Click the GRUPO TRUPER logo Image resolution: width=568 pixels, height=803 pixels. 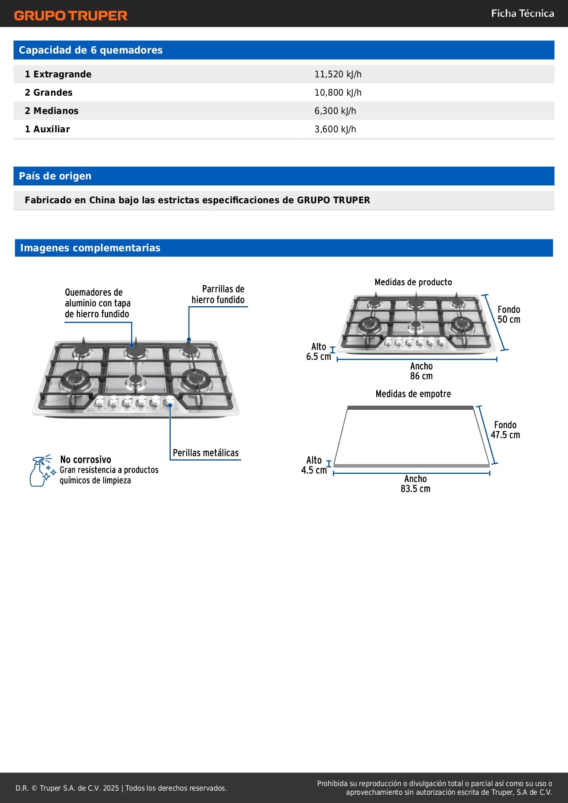click(x=71, y=16)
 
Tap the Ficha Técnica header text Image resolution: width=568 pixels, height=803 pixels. click(x=522, y=14)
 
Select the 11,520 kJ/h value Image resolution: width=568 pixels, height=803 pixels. click(x=338, y=74)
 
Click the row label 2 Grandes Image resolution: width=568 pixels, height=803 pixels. click(x=49, y=92)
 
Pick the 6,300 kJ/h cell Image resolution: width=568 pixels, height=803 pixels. click(x=335, y=111)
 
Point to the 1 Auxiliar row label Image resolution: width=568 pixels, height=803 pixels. click(x=47, y=129)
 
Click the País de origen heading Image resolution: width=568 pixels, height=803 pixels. click(x=55, y=176)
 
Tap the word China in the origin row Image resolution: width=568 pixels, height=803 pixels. click(x=102, y=200)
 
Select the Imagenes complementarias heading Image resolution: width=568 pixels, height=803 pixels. click(x=90, y=248)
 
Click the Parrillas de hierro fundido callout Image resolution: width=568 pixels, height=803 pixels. click(x=218, y=294)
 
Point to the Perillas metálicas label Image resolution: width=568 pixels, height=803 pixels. click(x=206, y=453)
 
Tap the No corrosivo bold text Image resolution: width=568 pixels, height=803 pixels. click(x=86, y=459)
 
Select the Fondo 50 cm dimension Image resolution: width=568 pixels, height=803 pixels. click(x=508, y=315)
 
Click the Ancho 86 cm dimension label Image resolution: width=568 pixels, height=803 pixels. click(x=421, y=371)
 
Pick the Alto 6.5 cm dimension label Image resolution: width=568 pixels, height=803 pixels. click(x=319, y=352)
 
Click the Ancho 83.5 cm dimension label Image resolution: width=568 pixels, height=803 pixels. click(x=415, y=483)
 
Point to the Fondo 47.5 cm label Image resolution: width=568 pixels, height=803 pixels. click(x=505, y=430)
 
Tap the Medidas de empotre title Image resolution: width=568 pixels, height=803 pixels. click(x=413, y=394)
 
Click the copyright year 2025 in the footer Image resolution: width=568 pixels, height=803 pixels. click(x=111, y=788)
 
